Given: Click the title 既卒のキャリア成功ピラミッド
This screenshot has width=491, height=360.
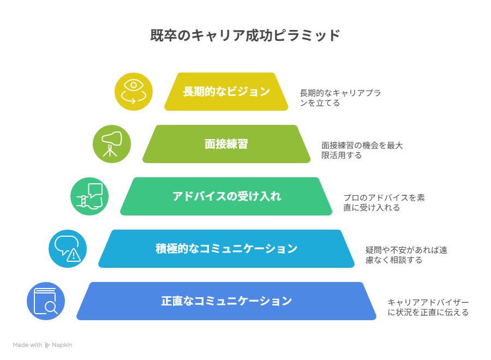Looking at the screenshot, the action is pos(245,35).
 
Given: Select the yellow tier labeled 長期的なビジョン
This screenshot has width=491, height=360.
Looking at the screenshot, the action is pos(226,92).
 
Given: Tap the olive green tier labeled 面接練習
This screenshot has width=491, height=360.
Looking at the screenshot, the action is pos(226,144).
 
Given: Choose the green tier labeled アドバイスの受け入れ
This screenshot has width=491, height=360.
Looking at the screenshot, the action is pos(226,196).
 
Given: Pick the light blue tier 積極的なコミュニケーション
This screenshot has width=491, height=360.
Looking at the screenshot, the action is pos(226,249).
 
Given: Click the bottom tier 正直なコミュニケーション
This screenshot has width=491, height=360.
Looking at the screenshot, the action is pos(226,301).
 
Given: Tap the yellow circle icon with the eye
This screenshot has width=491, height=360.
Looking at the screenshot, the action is pos(134,92).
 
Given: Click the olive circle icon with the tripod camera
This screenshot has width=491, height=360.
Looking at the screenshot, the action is pos(112,144).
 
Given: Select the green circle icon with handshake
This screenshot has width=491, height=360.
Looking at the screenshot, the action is pos(89,196).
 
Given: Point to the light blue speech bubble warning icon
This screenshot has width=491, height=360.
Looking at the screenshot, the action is pos(68,249).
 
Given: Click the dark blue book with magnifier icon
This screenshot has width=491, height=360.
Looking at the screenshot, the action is pos(46,301).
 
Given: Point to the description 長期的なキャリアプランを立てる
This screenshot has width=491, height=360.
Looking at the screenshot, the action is pos(340,98).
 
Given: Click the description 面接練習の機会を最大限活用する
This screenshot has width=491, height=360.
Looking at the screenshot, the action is pos(362,150).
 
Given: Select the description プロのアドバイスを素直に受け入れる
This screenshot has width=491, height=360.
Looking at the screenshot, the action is pos(384,202).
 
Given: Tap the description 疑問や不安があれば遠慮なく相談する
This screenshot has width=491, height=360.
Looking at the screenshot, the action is pos(406,255).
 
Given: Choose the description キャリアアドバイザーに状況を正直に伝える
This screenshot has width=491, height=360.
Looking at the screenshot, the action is pos(428,307).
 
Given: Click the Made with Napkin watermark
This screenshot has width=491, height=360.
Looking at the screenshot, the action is pos(42,345).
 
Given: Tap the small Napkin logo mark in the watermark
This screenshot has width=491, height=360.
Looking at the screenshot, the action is pos(47,345).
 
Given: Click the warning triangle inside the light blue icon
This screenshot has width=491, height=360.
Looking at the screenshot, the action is pos(74,255).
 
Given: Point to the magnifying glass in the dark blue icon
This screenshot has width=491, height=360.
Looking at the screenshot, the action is pos(51,307).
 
